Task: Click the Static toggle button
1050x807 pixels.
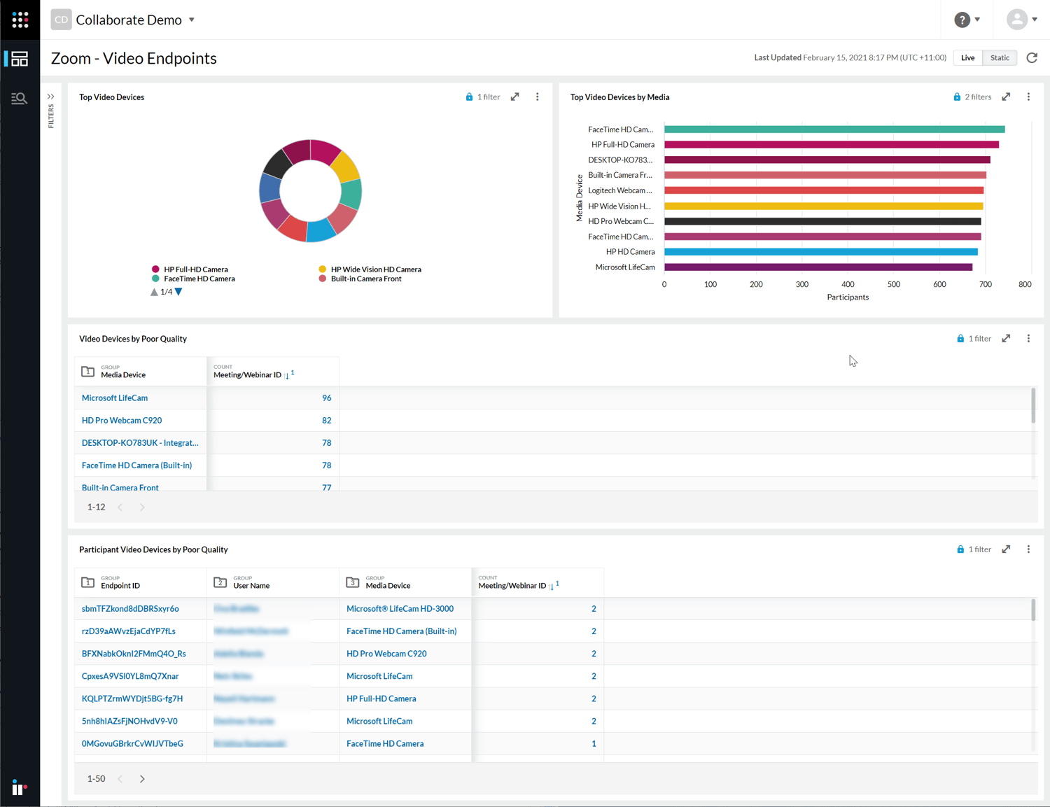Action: tap(1000, 58)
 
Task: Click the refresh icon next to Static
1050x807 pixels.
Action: tap(1032, 58)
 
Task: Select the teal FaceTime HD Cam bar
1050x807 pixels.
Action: tap(834, 129)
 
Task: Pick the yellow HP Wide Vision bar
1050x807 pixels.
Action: tap(823, 206)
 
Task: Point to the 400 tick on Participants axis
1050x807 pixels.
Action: tap(848, 285)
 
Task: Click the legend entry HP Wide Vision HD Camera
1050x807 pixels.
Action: tap(375, 269)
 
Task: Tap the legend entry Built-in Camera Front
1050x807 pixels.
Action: tap(365, 279)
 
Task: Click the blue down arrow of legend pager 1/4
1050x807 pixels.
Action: tap(178, 292)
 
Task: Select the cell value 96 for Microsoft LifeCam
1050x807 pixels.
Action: tap(326, 398)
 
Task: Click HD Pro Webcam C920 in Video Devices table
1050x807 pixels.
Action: tap(122, 421)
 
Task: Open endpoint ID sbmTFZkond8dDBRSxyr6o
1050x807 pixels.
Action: tap(130, 609)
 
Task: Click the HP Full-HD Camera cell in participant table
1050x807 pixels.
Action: tap(381, 699)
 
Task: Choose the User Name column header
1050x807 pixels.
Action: tap(251, 586)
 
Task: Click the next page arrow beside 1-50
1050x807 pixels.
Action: tap(142, 779)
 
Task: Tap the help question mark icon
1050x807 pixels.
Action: tap(962, 20)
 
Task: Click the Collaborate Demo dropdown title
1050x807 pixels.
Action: tap(129, 20)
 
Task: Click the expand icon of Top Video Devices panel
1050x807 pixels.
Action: tap(515, 97)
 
